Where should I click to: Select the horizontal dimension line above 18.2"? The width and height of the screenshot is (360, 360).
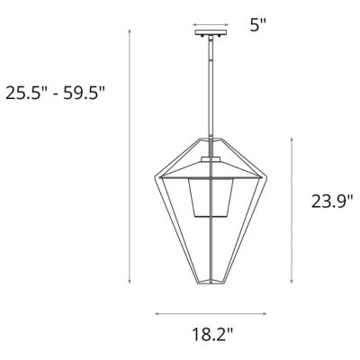[211, 313]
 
